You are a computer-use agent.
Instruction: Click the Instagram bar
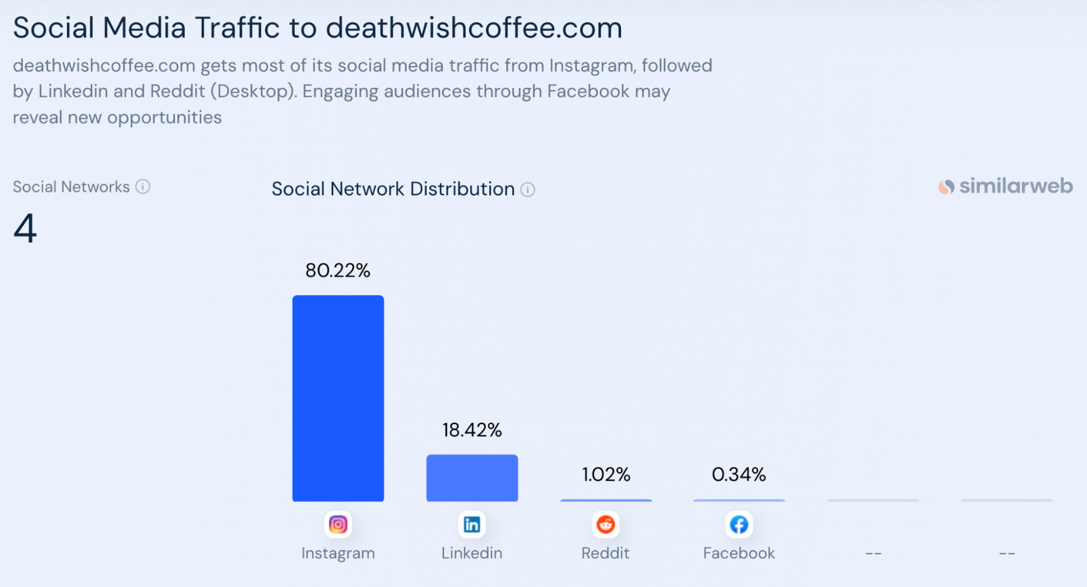tap(338, 398)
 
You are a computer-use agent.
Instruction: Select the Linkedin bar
tap(471, 478)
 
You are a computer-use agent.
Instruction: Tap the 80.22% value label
tap(338, 270)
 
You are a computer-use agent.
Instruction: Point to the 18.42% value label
tap(471, 430)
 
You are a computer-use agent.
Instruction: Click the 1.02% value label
tap(606, 474)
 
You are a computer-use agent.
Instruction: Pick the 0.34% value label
tap(738, 474)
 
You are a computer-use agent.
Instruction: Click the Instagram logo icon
tap(338, 524)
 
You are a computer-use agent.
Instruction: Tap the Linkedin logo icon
tap(471, 524)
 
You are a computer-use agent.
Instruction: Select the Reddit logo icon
tap(605, 524)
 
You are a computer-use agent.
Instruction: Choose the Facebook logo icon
tap(738, 524)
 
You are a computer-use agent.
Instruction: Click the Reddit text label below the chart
tap(605, 553)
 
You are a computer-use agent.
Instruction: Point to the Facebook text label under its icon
tap(738, 553)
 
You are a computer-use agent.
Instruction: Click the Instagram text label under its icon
tap(338, 553)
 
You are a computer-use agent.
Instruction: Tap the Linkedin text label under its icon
tap(471, 553)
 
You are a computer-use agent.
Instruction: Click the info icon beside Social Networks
tap(142, 187)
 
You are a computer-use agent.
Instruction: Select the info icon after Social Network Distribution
tap(527, 189)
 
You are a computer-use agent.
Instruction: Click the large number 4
tap(25, 228)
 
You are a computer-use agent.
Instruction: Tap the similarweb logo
tap(1005, 187)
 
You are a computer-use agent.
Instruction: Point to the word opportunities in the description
tap(164, 118)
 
